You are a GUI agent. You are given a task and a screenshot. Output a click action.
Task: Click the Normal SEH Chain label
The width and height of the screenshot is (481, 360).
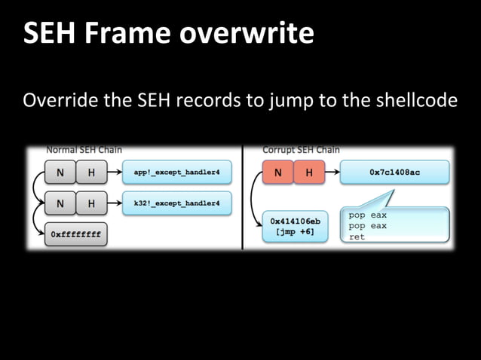(x=84, y=150)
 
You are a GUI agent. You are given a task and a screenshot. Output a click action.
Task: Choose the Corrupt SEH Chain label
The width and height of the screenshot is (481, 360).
(x=300, y=150)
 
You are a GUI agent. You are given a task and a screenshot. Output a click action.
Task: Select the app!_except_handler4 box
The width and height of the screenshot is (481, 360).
(x=176, y=173)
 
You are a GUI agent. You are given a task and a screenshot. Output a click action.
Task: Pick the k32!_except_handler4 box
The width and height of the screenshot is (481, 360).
(x=176, y=203)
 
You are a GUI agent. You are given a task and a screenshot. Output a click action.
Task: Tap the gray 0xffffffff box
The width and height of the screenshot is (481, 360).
(x=75, y=234)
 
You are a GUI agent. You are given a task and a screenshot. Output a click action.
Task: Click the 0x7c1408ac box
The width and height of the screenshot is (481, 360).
(x=394, y=173)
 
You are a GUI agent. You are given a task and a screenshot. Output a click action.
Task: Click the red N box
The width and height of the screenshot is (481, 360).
(x=277, y=173)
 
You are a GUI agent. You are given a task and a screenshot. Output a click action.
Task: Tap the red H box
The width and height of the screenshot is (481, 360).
(x=308, y=173)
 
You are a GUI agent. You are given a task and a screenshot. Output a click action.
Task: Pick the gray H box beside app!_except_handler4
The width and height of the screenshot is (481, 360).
(x=91, y=173)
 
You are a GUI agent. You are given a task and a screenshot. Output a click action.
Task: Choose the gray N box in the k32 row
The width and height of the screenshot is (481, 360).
(x=60, y=203)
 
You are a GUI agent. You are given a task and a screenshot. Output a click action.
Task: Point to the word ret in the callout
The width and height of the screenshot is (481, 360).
(x=357, y=236)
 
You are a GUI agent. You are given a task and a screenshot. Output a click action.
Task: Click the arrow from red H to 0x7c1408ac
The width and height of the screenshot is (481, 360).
(x=330, y=173)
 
